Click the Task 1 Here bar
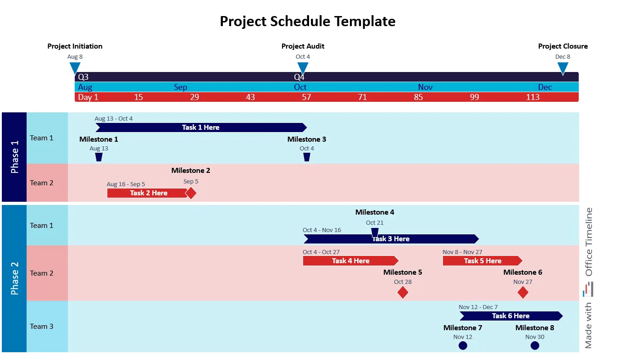[x=200, y=127]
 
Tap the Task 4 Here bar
[x=350, y=261]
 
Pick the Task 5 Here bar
[x=482, y=261]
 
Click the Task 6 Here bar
[x=510, y=316]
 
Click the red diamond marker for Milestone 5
[x=403, y=293]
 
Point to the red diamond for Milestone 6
[x=523, y=293]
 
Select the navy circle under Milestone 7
[x=463, y=346]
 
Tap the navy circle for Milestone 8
[x=535, y=346]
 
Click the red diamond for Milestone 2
[x=191, y=193]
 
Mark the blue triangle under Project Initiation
[x=75, y=68]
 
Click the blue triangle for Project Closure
[x=563, y=68]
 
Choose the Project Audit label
[x=303, y=46]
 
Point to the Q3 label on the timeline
[x=83, y=77]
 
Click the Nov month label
[x=425, y=87]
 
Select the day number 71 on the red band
[x=362, y=97]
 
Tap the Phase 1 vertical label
[x=15, y=157]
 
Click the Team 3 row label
[x=42, y=327]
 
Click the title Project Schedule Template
[x=307, y=21]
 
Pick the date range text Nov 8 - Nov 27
[x=462, y=252]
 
